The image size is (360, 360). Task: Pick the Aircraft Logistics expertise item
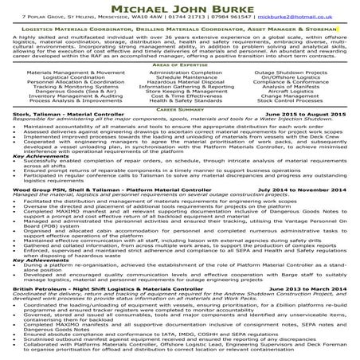(x=289, y=93)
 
